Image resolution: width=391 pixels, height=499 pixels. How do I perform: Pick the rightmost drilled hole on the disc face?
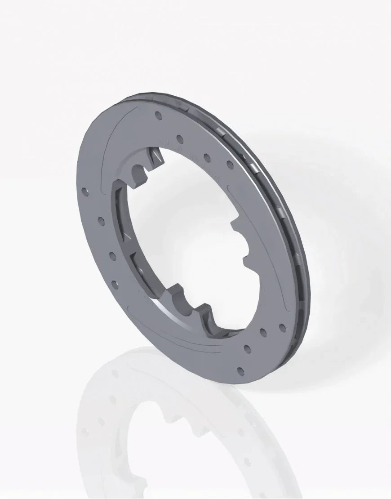(282, 327)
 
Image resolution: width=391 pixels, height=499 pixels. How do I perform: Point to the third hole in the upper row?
(207, 157)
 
